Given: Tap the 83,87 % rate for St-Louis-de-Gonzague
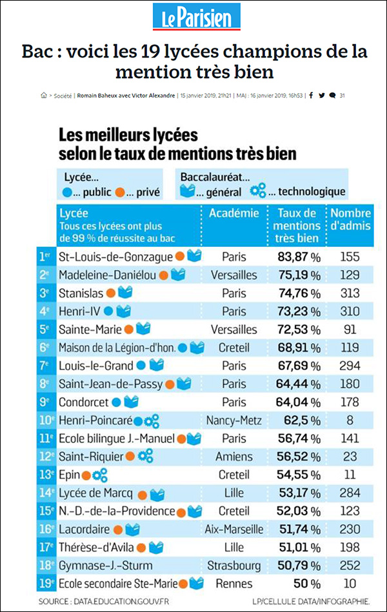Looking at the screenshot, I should [297, 256].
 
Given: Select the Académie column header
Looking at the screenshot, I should [233, 213].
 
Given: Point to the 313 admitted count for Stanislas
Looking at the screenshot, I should [349, 293].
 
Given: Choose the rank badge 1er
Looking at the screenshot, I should [45, 256].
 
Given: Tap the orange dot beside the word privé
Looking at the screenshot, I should [119, 192].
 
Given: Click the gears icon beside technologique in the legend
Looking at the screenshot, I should [258, 191].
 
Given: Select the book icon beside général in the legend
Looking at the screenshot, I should [187, 191].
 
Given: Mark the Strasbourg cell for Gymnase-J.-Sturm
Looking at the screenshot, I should [233, 566].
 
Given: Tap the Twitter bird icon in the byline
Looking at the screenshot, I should [321, 95].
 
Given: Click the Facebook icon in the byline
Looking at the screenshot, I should [312, 95].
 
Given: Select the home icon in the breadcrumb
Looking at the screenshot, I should [43, 95].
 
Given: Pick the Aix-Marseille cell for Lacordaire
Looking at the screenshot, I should [233, 529].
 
